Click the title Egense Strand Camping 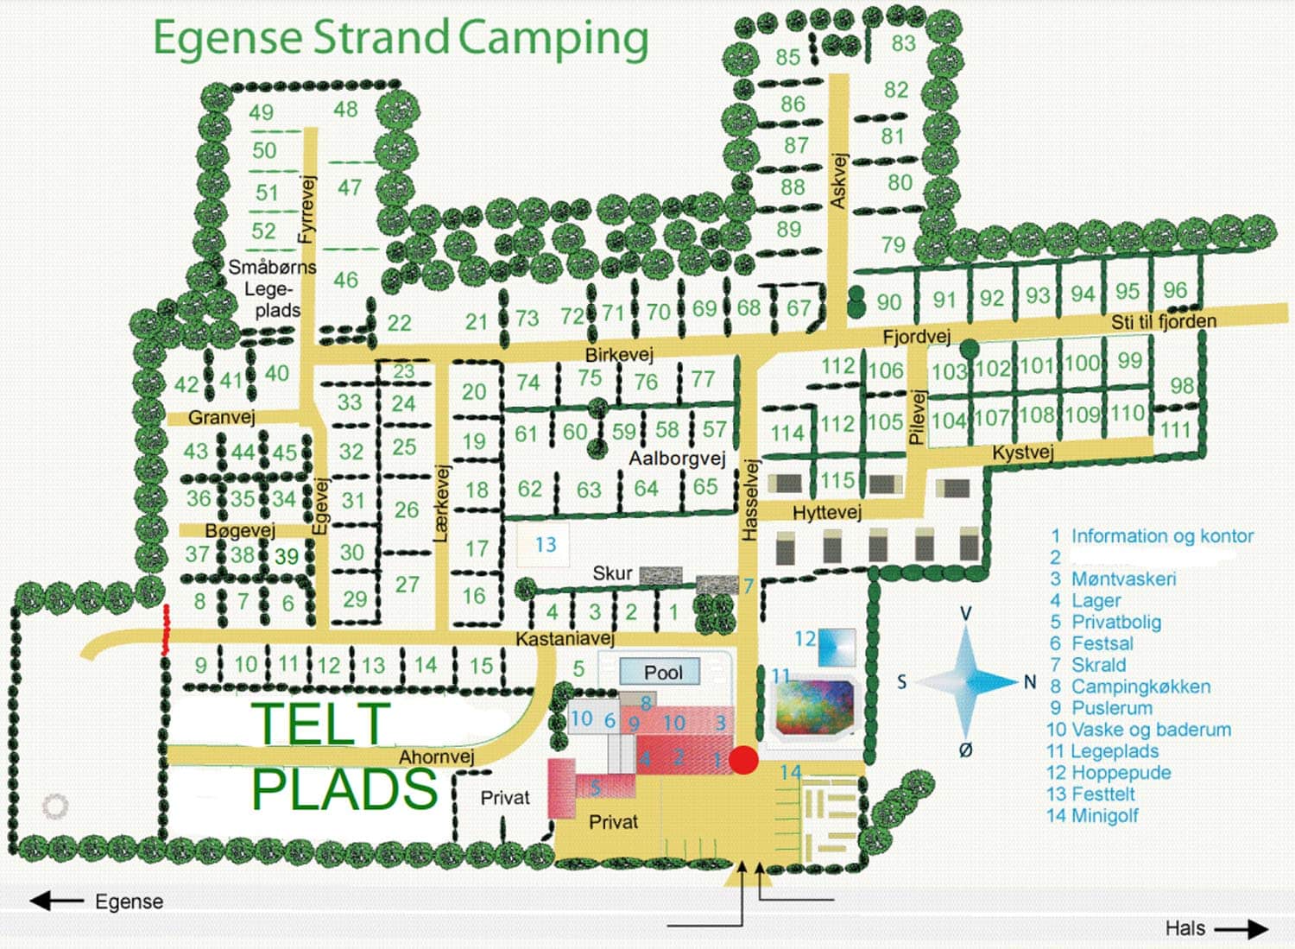tap(401, 39)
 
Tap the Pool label tap(662, 672)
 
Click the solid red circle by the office tap(743, 760)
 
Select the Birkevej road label tap(619, 354)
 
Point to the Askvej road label tap(838, 180)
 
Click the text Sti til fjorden tap(1163, 322)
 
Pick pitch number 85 tap(787, 57)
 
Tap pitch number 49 tap(261, 112)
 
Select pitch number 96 tap(1174, 290)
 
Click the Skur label tap(612, 573)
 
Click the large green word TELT tap(321, 724)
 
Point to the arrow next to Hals tap(1241, 929)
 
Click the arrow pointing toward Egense tap(56, 902)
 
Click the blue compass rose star tap(966, 681)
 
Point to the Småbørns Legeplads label tap(272, 288)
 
